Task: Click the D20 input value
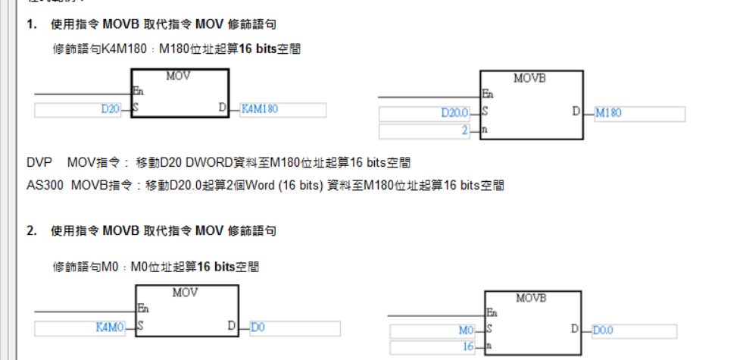point(111,109)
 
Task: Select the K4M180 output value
point(260,109)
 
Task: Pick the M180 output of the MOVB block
point(609,114)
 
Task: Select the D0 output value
point(258,328)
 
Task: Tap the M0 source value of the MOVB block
point(466,330)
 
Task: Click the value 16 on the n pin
point(467,347)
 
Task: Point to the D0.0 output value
point(604,330)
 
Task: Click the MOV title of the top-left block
point(180,77)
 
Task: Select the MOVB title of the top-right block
point(530,79)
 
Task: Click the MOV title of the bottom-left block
point(186,293)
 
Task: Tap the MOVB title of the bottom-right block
point(532,298)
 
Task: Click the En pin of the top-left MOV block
point(138,91)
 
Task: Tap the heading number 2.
point(31,230)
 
